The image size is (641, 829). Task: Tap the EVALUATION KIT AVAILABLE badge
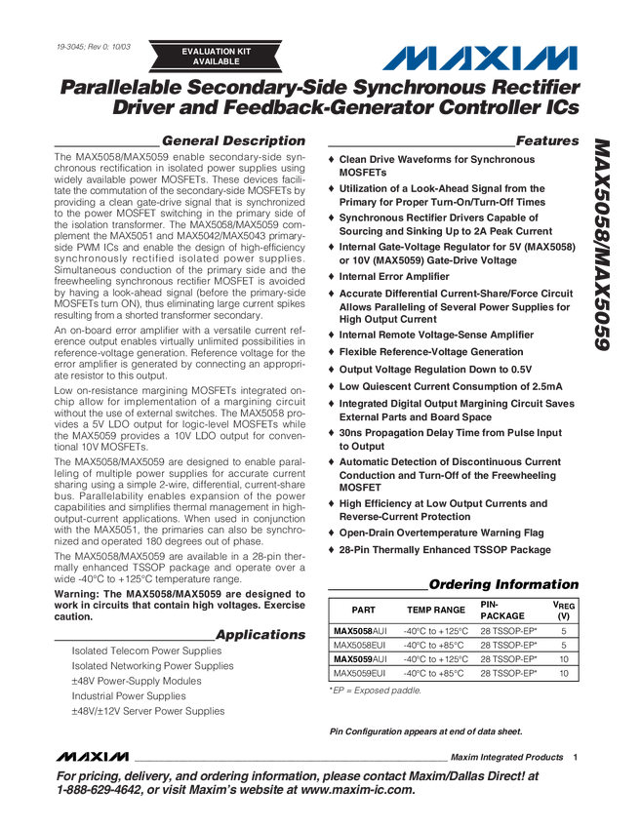point(216,56)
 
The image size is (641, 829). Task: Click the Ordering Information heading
point(503,585)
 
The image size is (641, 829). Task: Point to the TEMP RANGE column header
point(435,610)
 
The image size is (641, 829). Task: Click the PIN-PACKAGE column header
point(502,610)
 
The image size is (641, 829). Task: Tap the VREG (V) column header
point(563,610)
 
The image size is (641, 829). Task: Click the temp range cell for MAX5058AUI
point(435,631)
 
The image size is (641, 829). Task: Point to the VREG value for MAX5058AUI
point(563,631)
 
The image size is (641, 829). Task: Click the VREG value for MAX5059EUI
point(563,673)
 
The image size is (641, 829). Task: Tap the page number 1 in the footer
point(576,756)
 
